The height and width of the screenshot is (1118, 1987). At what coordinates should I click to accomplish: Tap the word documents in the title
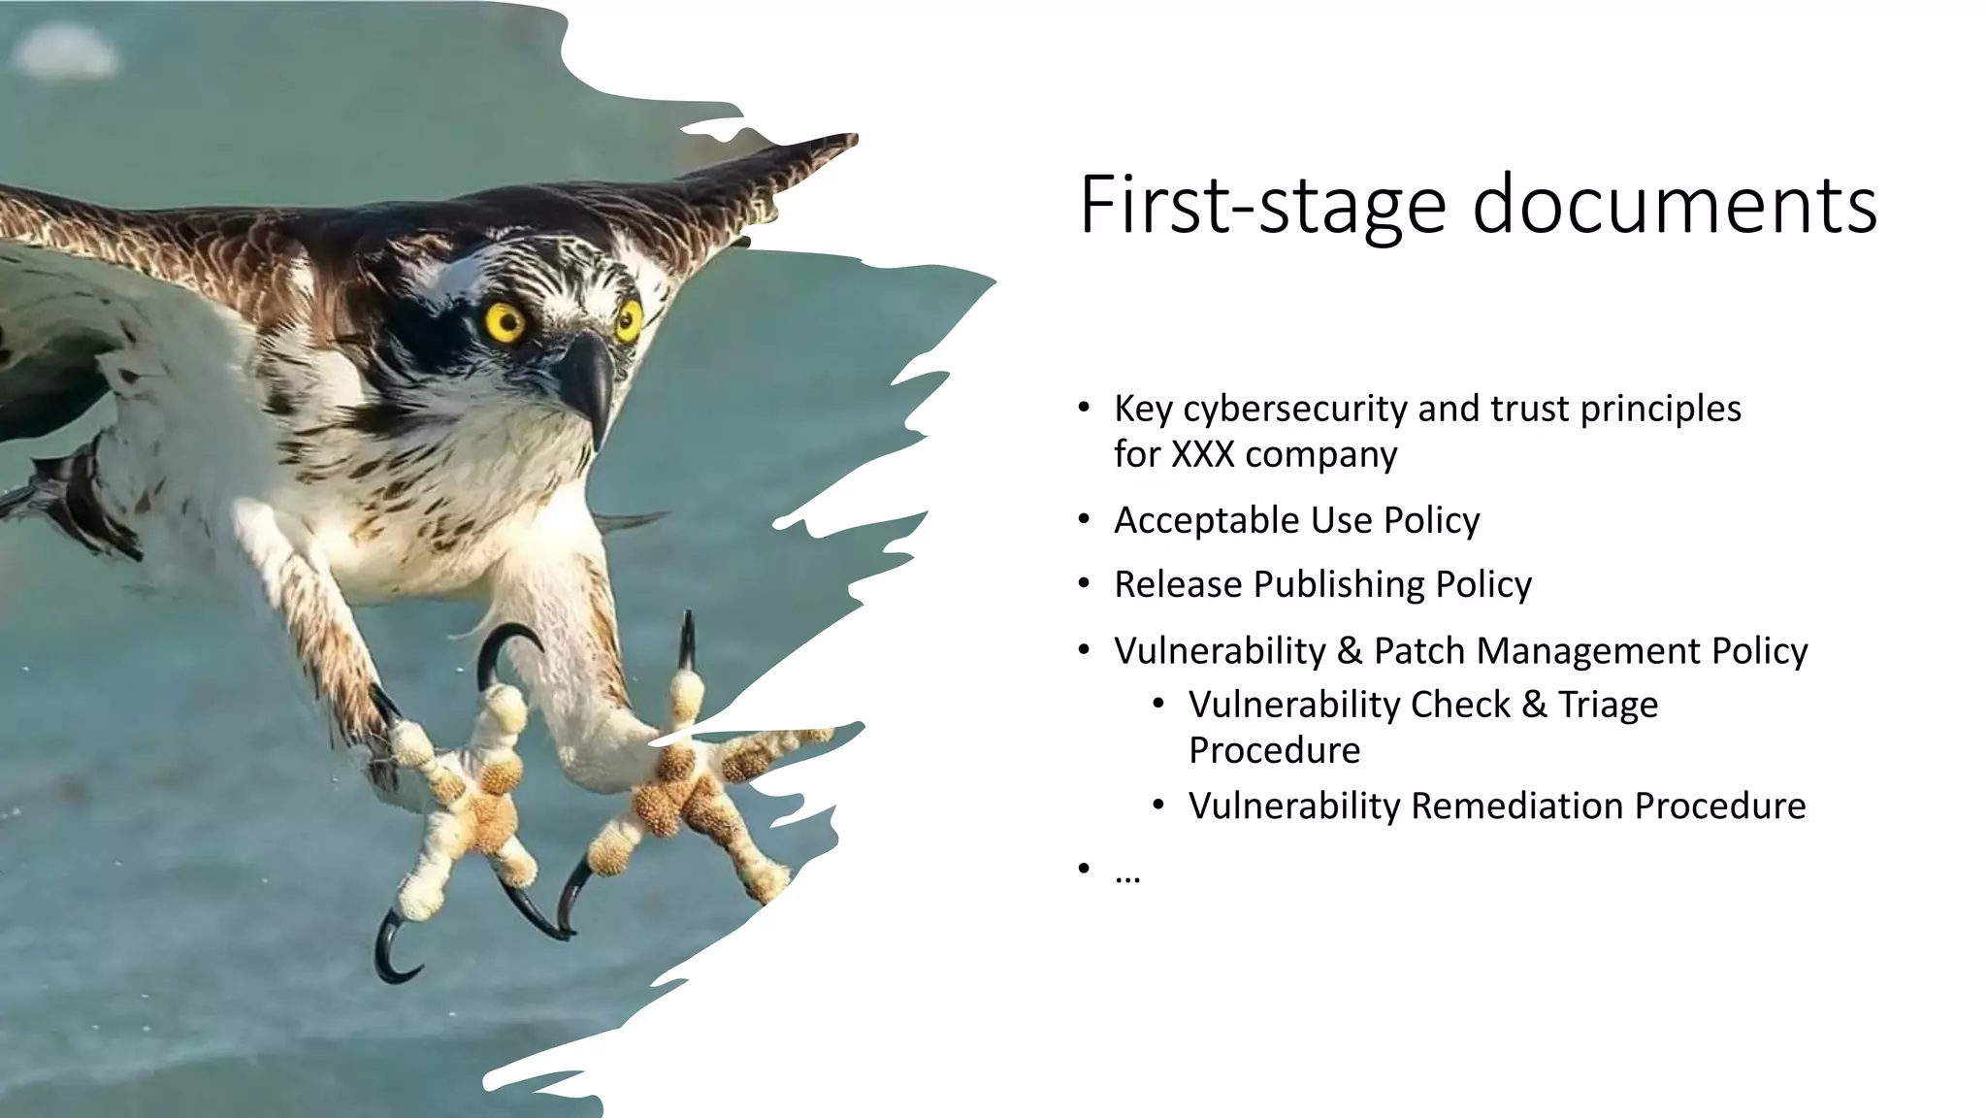pos(1675,206)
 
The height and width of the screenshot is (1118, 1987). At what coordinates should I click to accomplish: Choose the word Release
pos(1178,585)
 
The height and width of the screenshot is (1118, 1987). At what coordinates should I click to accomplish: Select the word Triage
pos(1608,706)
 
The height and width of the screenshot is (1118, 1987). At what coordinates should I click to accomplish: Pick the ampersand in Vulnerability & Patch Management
pos(1350,651)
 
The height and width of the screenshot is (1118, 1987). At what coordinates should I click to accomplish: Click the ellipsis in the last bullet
pos(1127,876)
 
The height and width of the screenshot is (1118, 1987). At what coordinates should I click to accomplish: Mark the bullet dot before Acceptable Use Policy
pos(1084,520)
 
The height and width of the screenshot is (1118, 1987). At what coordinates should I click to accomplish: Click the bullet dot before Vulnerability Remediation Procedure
pos(1158,806)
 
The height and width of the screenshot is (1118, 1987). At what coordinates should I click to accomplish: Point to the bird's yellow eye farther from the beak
pos(505,322)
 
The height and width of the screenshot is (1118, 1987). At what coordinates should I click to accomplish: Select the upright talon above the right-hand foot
pos(688,641)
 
